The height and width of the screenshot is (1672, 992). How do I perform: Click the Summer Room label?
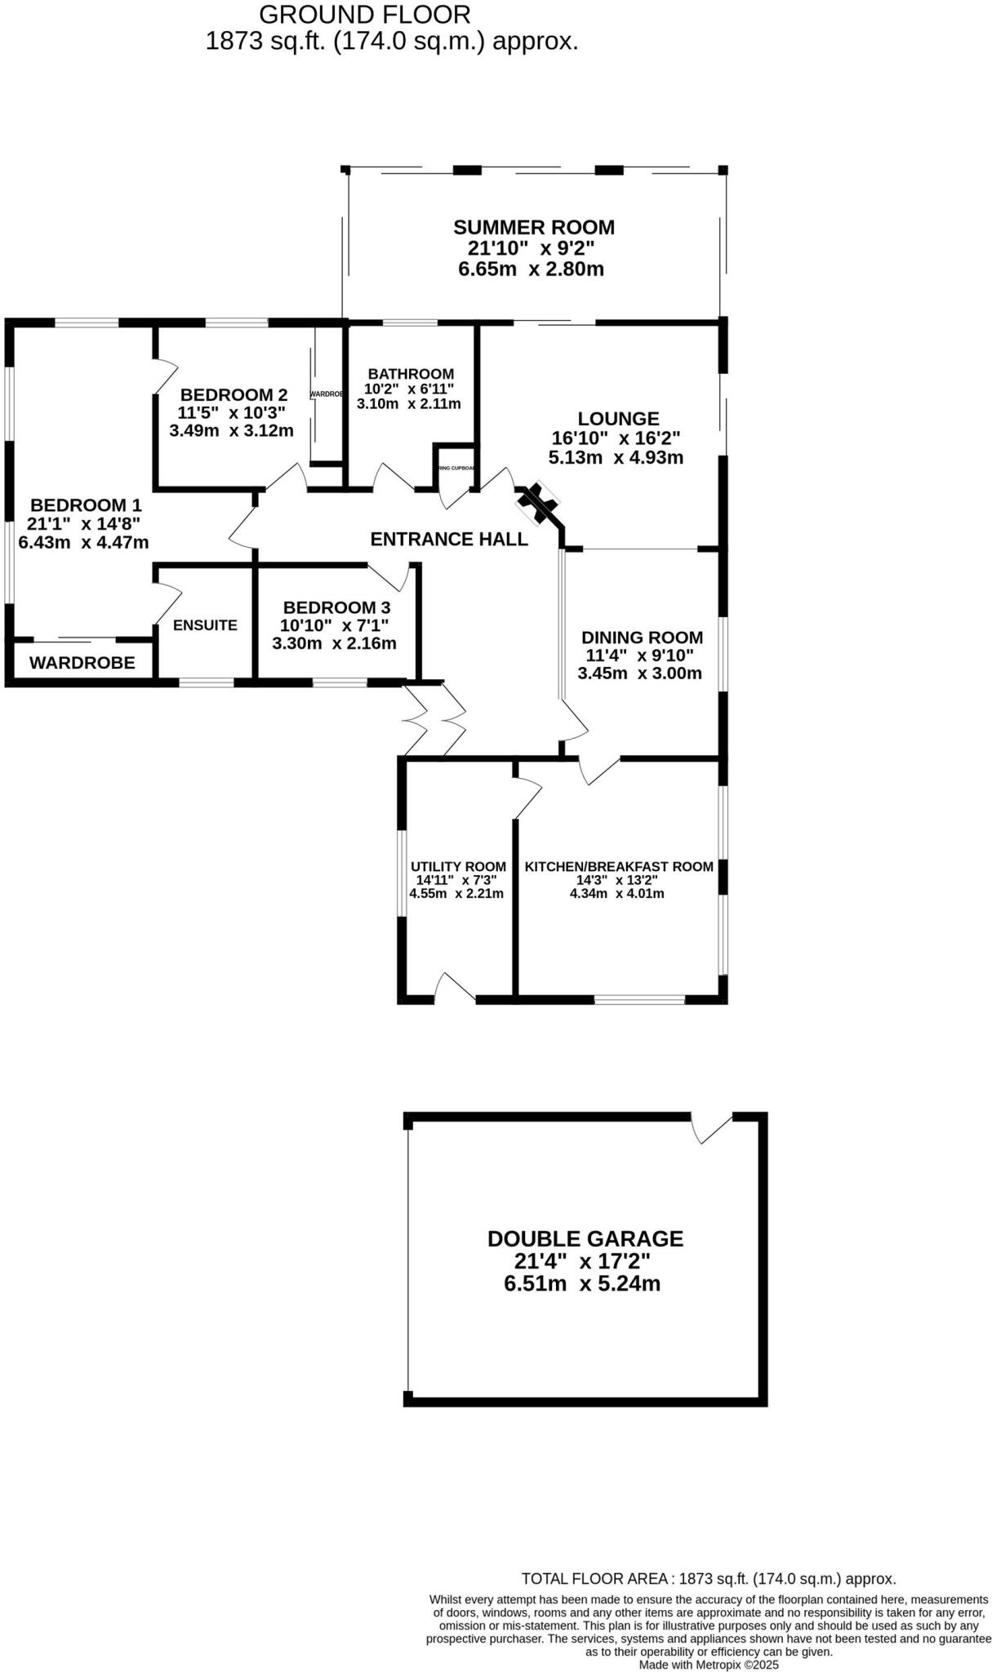click(534, 227)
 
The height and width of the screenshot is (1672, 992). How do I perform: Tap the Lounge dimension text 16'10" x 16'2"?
click(616, 438)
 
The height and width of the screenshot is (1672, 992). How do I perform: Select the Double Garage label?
click(585, 1238)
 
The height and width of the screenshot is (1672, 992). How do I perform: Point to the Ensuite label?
click(205, 625)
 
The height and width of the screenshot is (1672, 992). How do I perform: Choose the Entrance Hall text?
click(449, 539)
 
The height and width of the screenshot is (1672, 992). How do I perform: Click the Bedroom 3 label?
click(336, 607)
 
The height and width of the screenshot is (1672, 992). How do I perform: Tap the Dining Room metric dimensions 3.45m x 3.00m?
click(639, 674)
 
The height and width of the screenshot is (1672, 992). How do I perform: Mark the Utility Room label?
click(458, 866)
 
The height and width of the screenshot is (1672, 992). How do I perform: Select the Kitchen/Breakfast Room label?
click(619, 866)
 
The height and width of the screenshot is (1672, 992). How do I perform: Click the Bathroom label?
click(411, 374)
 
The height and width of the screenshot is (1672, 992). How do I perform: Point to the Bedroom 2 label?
click(234, 395)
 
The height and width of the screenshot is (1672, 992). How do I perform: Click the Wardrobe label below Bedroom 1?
click(82, 663)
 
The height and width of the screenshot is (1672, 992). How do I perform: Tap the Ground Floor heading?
click(365, 14)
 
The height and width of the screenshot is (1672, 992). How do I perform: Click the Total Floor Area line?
click(709, 1579)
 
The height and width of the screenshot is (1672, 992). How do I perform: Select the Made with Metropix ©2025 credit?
click(709, 1665)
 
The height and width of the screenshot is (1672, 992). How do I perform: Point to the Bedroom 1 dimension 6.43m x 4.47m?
click(83, 542)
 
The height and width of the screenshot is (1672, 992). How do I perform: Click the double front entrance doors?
click(435, 720)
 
